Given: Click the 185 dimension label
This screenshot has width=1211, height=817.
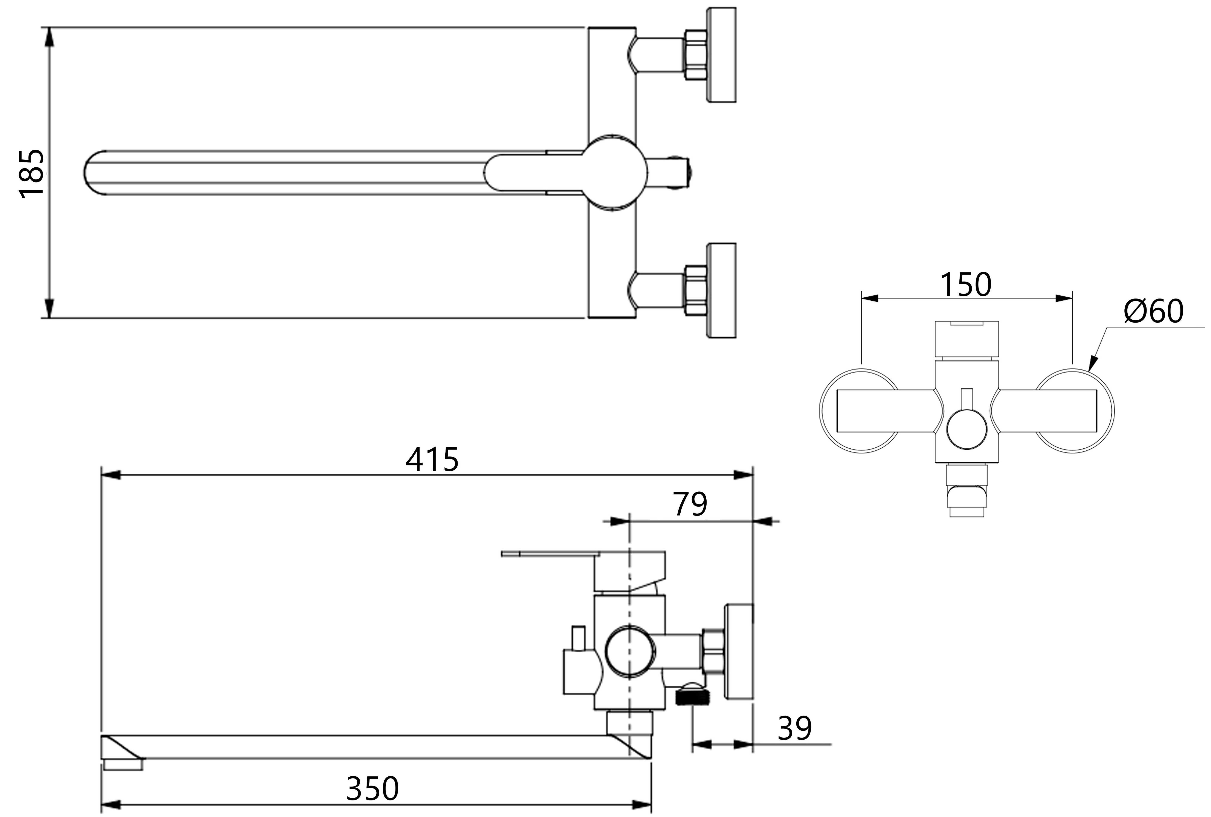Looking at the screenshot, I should click(x=31, y=173).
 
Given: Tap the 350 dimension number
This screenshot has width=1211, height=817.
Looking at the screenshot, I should click(x=373, y=788).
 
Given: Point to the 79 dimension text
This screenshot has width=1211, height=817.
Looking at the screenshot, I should click(x=690, y=504).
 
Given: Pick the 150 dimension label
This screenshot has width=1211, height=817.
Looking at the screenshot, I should click(x=965, y=285).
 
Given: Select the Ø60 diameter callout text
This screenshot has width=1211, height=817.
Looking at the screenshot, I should click(x=1153, y=311).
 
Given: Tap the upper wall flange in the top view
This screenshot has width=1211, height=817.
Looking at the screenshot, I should click(x=721, y=55).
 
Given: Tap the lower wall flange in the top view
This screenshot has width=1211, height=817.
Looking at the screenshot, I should click(x=721, y=290).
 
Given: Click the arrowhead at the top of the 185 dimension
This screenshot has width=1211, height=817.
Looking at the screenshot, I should click(x=49, y=37).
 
